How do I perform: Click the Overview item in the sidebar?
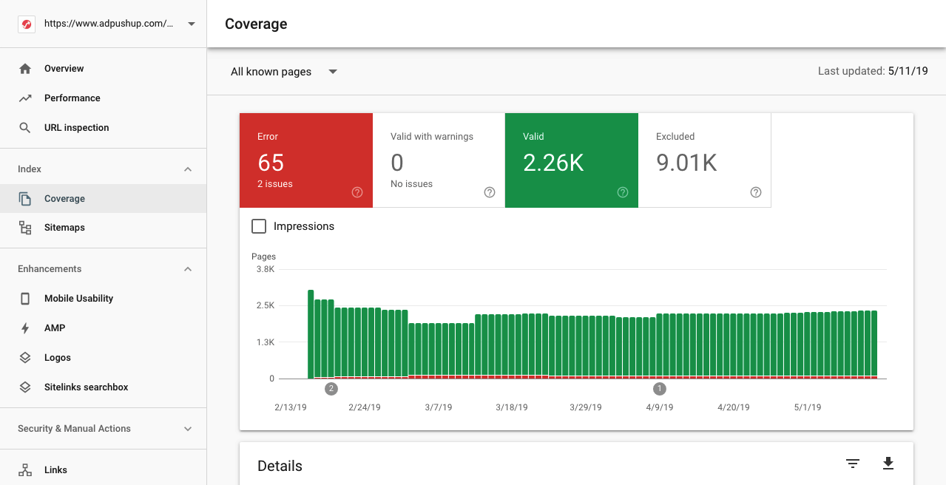[64, 69]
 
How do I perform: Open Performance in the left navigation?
[72, 98]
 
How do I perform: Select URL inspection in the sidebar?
[76, 128]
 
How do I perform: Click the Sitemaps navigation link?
[64, 228]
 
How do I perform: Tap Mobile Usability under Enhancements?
[78, 299]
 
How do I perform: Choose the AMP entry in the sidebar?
[55, 328]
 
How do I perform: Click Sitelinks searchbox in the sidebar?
[86, 387]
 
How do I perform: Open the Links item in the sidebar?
[55, 470]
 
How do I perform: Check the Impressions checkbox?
[259, 226]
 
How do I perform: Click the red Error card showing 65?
[305, 160]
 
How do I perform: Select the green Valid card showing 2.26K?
[571, 160]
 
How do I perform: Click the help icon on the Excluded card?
[755, 192]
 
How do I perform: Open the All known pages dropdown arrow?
[333, 72]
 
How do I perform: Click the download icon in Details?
[888, 464]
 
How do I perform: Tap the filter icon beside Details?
[853, 464]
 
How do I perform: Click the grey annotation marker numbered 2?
[331, 389]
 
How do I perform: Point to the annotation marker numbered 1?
[660, 389]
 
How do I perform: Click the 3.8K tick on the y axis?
[265, 269]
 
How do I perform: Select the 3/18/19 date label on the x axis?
[512, 407]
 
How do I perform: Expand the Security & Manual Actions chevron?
[188, 429]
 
